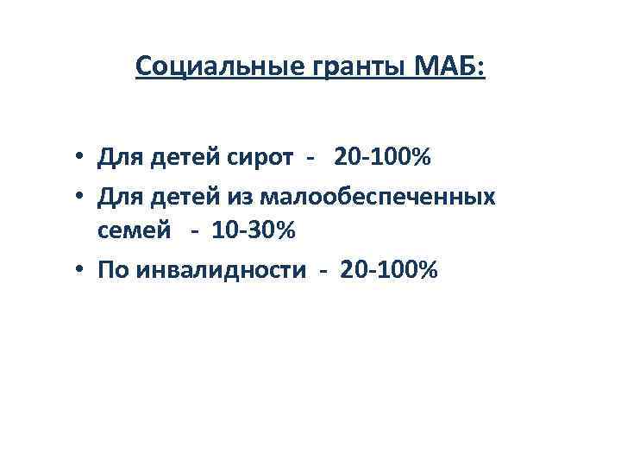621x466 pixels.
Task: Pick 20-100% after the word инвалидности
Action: [x=390, y=271]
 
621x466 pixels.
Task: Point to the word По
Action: [x=110, y=271]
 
